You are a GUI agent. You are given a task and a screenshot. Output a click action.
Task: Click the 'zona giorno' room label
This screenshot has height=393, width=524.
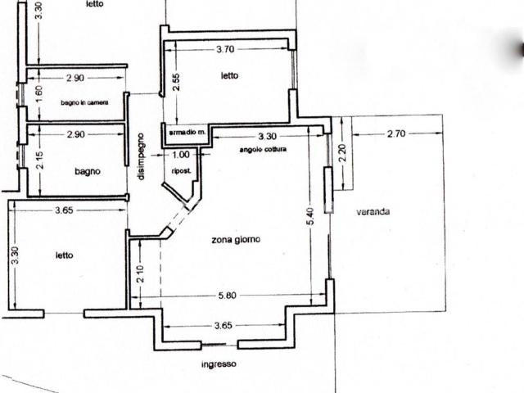click(236, 240)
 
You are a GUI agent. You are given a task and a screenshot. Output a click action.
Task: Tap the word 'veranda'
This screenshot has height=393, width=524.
click(373, 211)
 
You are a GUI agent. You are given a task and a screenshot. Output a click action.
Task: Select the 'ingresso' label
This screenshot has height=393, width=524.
click(219, 364)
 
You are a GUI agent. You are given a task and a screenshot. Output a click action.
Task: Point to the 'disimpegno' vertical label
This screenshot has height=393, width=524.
click(141, 156)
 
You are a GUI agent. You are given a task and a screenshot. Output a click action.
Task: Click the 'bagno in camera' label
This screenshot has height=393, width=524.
click(84, 102)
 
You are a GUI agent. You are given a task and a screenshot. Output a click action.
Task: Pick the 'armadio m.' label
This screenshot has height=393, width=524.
click(187, 133)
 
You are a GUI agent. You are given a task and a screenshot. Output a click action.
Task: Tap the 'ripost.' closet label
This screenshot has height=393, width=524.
click(182, 171)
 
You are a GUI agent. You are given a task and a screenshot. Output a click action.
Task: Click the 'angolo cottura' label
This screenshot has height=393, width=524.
click(263, 149)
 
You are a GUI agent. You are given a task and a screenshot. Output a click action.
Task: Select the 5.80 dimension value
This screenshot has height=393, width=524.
click(228, 296)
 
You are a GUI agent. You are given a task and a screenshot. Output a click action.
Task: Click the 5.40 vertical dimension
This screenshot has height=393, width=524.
click(310, 216)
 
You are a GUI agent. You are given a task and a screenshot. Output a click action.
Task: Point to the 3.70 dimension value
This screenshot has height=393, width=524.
click(225, 49)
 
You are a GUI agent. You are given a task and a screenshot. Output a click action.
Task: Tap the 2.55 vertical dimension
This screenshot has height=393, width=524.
click(176, 82)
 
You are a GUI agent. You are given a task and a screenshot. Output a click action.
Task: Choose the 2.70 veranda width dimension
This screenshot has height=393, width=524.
click(396, 133)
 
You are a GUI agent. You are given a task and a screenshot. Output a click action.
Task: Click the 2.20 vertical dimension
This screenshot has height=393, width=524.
click(342, 153)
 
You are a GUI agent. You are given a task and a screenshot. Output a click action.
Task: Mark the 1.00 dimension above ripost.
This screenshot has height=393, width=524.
click(181, 155)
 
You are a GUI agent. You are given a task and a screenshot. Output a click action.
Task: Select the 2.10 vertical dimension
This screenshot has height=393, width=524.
click(140, 274)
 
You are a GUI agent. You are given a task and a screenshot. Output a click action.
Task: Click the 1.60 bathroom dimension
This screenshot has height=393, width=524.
click(39, 95)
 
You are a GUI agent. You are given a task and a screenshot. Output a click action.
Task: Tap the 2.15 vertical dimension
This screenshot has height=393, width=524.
click(39, 160)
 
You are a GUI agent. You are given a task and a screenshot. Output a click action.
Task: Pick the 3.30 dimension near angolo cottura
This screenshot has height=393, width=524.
click(268, 137)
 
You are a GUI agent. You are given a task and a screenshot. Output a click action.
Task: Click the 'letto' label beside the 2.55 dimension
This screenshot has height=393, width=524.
click(229, 76)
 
